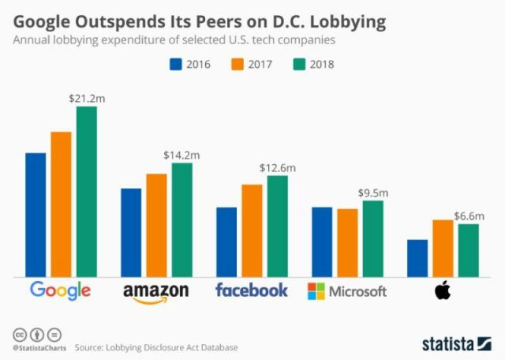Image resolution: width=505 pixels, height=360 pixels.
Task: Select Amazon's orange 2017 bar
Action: click(x=156, y=225)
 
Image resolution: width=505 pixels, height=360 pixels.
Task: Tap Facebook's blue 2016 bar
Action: click(x=226, y=242)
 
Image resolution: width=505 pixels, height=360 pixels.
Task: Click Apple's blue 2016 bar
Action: click(x=417, y=258)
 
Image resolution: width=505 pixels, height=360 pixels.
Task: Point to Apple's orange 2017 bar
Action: click(x=443, y=248)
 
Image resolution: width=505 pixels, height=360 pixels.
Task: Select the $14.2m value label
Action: click(x=181, y=155)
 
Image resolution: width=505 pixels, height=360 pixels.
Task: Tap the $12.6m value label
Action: click(x=278, y=167)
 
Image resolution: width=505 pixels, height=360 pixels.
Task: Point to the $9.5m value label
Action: click(x=373, y=192)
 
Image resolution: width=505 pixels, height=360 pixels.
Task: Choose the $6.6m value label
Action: click(x=469, y=216)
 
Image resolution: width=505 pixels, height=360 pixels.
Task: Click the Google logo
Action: click(x=60, y=291)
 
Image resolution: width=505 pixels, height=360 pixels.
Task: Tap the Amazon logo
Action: click(x=156, y=292)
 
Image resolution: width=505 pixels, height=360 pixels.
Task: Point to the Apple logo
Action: click(x=443, y=291)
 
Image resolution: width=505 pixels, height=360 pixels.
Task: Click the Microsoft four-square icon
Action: click(x=316, y=291)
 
